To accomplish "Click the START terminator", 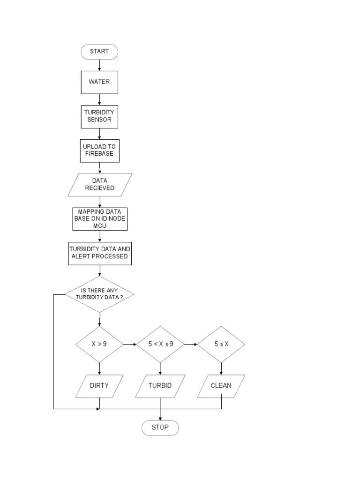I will click(99, 52).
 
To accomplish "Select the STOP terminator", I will click(160, 427).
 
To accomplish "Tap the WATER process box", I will click(99, 82).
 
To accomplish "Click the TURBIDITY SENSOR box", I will click(99, 116).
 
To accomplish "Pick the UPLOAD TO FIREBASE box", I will click(99, 150).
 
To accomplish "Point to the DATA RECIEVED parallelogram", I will click(99, 184).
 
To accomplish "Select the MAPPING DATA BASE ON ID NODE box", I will click(99, 218).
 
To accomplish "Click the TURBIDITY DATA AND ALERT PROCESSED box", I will click(99, 253).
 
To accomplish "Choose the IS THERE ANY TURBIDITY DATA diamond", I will click(99, 294).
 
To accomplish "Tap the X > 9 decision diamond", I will click(99, 344).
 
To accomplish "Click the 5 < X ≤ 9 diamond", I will click(160, 344).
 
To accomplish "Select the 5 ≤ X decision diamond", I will click(221, 344).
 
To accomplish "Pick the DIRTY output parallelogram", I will click(99, 386).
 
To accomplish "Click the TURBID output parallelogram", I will click(160, 386).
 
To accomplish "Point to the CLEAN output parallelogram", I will click(221, 386).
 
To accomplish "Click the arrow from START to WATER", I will click(99, 65).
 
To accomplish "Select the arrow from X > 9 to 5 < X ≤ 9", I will click(130, 344).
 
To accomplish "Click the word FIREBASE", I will click(99, 154).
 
